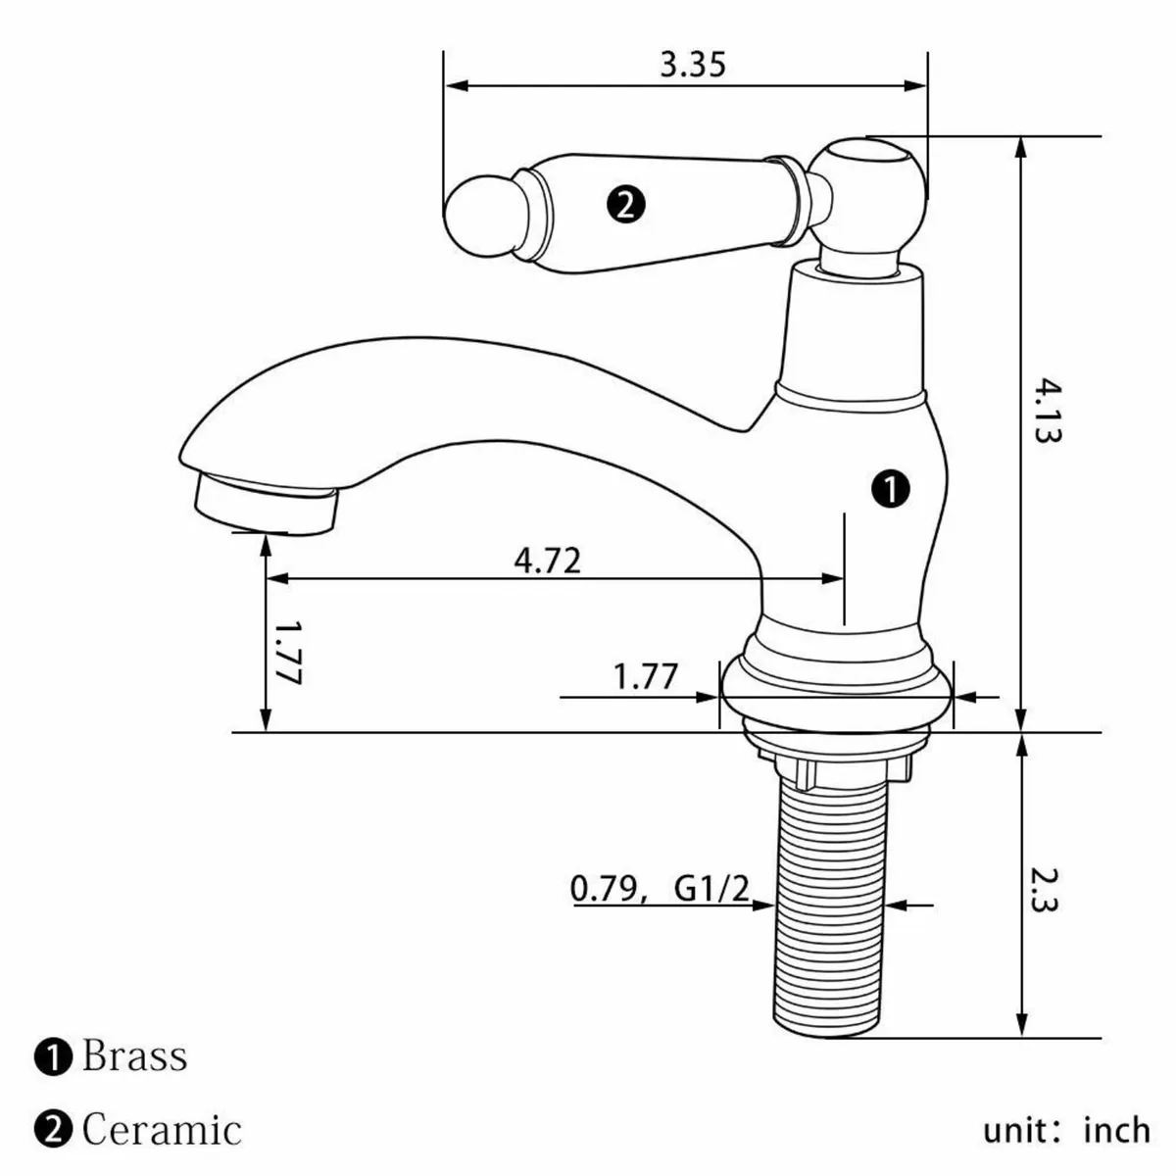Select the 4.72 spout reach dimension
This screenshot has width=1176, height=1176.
coord(547,561)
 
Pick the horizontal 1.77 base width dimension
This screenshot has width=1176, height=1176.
coord(645,676)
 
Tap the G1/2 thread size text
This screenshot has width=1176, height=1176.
coord(711,890)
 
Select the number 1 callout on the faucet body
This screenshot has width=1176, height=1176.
coord(891,487)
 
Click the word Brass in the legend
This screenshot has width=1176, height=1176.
coord(134,1057)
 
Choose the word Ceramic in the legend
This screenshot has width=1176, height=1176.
coord(162,1130)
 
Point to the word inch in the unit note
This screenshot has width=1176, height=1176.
coord(1116,1131)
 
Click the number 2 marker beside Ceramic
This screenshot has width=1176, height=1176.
coord(54,1130)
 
